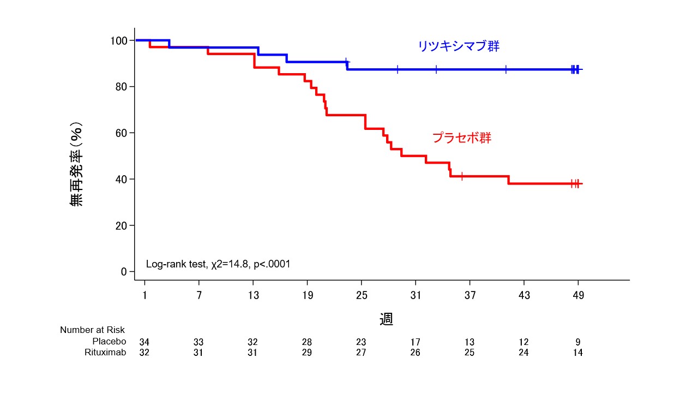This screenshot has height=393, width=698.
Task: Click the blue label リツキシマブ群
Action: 458,46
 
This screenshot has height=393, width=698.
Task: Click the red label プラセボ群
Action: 462,138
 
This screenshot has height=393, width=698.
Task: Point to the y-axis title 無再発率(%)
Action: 76,164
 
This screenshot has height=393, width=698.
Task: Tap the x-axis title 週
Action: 386,319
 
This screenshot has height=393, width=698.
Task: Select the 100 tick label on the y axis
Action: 118,41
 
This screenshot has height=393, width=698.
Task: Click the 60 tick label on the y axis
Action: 121,133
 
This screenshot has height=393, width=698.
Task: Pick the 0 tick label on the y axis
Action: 124,272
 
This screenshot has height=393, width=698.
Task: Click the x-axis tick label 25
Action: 361,296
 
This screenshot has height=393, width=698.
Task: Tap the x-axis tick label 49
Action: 578,296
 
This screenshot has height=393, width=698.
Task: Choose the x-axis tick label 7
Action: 199,296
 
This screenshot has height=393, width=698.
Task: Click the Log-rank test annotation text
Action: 218,264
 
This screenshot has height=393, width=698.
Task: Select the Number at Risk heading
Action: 92,330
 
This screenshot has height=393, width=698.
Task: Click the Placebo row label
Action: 109,342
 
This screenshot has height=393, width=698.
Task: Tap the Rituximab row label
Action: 105,353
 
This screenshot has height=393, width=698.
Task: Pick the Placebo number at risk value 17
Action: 416,342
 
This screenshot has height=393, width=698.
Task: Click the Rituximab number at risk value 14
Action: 578,353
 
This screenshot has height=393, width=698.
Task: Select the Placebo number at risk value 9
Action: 578,342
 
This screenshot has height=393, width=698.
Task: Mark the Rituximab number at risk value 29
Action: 307,353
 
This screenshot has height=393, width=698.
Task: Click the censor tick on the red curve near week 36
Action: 462,176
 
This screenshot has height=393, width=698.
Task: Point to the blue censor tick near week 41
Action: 506,69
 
